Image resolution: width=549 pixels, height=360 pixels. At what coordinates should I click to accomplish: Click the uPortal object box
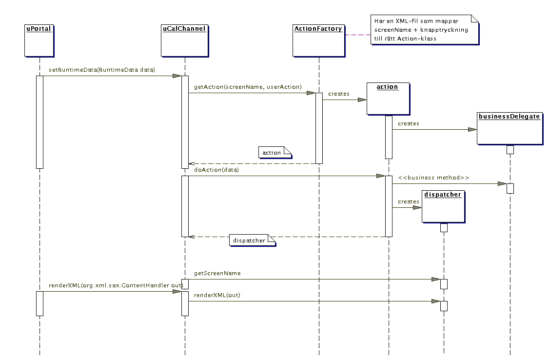point(39,40)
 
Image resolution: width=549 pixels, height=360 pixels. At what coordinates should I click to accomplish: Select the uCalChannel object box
point(185,40)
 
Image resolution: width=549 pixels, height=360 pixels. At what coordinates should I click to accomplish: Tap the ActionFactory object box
point(319,40)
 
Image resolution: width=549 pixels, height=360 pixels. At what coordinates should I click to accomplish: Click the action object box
point(388,99)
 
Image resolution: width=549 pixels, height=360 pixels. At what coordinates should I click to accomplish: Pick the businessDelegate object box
point(510,128)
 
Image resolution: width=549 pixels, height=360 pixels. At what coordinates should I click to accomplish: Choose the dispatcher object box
point(443,207)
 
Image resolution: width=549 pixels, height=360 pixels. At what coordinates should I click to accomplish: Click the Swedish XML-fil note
point(425,30)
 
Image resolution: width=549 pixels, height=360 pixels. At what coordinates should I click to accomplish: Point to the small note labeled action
point(275,153)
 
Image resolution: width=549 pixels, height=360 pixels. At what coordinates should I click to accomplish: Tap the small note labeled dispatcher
point(253,240)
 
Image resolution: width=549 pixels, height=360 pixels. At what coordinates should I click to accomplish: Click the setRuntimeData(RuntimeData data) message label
point(102,70)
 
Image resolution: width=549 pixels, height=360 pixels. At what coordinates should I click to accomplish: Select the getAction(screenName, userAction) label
point(248,87)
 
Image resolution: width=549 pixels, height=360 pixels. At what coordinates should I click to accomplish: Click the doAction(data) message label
point(216,170)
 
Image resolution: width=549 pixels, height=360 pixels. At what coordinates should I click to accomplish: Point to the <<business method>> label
point(433,178)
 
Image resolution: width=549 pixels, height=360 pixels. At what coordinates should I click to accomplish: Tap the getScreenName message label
point(217,273)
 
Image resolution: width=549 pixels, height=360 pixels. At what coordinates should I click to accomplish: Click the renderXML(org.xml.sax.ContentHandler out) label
point(116,285)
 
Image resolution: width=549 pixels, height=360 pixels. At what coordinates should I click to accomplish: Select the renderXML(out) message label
point(217,295)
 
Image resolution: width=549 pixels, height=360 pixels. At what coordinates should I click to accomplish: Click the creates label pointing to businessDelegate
point(409,123)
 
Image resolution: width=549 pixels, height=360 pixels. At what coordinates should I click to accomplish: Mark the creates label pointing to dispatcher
point(409,202)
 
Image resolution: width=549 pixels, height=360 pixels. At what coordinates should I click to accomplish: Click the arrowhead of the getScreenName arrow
point(436,280)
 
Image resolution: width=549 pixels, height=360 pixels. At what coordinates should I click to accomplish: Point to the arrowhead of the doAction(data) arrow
point(381,176)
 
